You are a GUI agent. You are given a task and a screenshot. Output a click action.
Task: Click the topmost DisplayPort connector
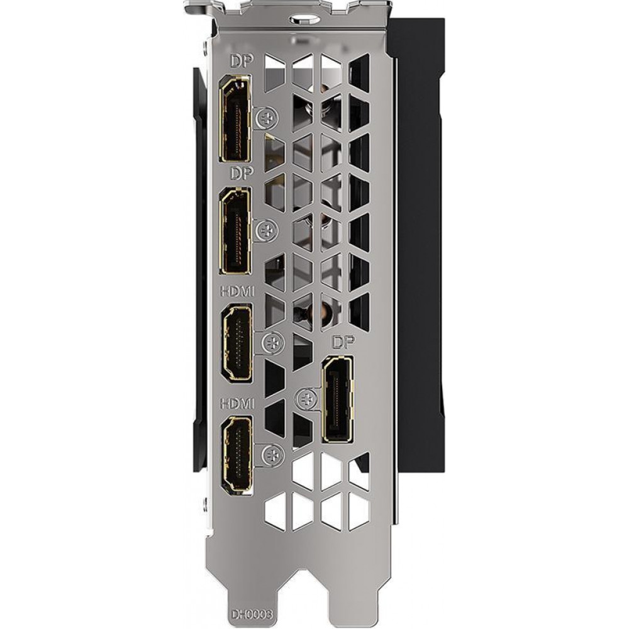click(236, 118)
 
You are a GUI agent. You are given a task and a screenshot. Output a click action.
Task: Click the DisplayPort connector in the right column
click(338, 398)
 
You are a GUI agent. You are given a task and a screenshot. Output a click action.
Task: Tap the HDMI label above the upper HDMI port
click(238, 292)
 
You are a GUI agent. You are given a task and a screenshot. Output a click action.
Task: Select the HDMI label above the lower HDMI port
click(238, 404)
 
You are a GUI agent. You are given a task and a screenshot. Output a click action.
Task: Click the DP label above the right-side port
click(343, 342)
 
